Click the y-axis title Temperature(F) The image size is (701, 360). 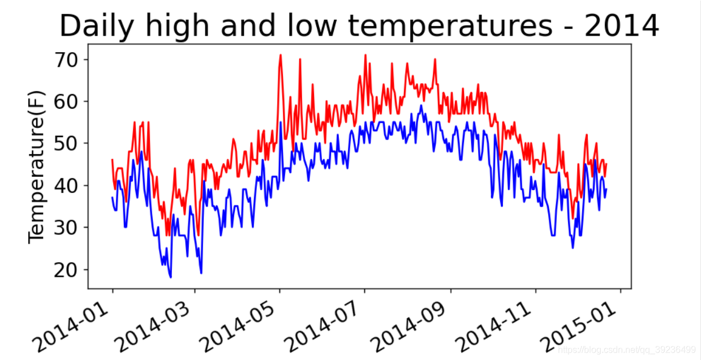tap(36, 166)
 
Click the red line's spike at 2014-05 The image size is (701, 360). tap(280, 55)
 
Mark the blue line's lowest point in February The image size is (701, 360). tap(170, 277)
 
